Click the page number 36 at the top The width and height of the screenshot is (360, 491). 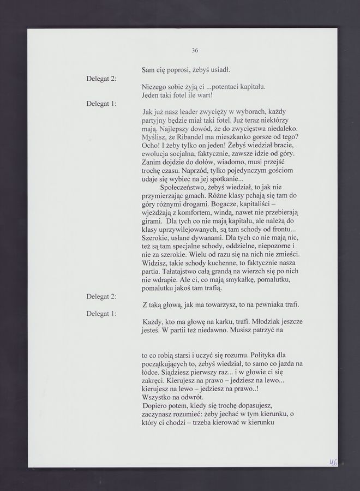tap(195, 51)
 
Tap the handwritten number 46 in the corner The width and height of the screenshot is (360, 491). tap(333, 462)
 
